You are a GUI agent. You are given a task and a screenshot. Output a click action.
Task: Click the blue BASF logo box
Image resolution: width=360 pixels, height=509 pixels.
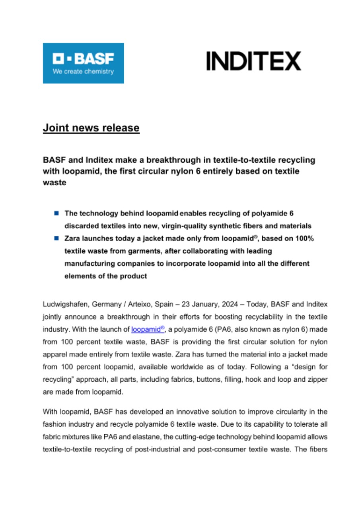click(83, 63)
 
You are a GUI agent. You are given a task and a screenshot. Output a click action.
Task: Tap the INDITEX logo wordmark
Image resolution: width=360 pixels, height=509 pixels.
click(253, 62)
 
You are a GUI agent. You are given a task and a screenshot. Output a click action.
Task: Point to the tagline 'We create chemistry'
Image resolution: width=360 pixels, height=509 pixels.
click(83, 72)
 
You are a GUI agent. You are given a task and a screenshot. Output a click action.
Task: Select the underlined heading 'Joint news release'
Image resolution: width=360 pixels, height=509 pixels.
click(91, 128)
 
